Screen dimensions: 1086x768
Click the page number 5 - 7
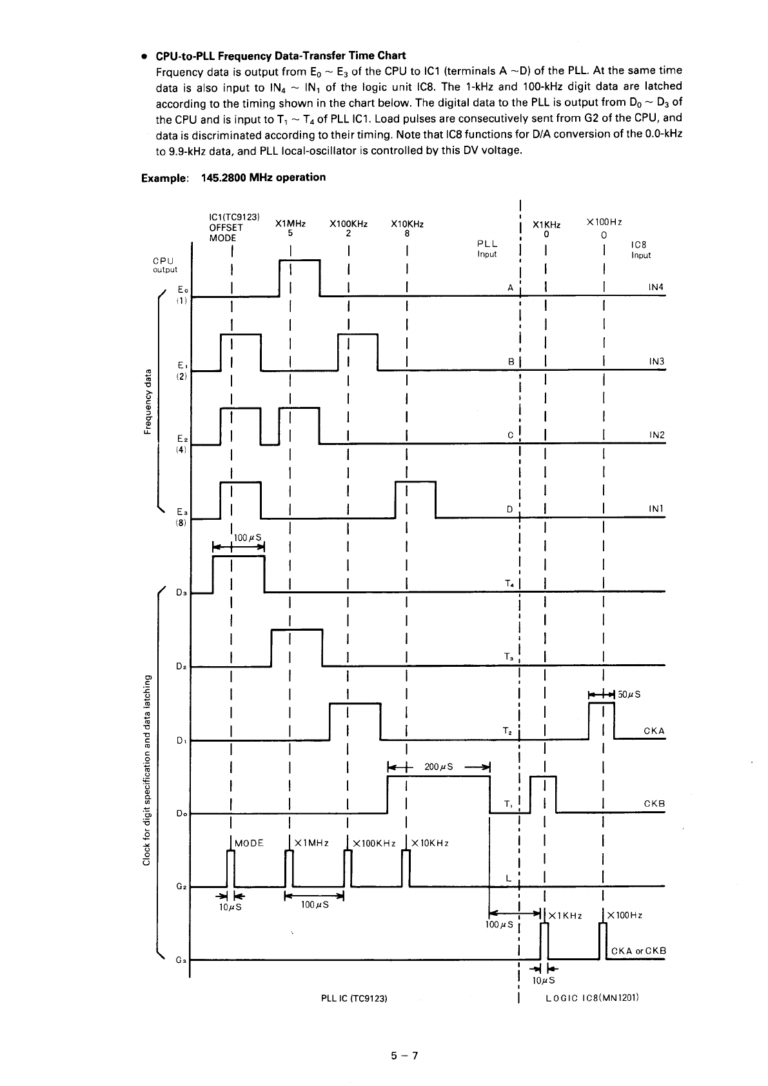pos(404,1056)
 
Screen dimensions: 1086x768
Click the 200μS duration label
pos(439,767)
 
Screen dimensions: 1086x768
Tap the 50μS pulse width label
pos(629,695)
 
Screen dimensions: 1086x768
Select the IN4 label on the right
pos(656,287)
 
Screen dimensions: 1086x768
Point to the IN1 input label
pos(656,509)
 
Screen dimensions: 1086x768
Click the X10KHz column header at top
pos(407,224)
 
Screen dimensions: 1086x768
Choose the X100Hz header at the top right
pos(604,222)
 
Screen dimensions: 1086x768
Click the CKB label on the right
pos(654,804)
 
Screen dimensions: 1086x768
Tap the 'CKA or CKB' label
pos(638,951)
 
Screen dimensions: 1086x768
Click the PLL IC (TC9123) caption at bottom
pos(353,998)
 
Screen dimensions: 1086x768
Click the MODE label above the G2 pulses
pos(249,843)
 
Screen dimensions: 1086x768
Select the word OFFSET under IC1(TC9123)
pos(226,228)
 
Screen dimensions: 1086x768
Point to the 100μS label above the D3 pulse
pos(246,538)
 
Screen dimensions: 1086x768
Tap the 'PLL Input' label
pos(487,249)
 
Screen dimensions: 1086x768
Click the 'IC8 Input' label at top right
pos(640,250)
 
